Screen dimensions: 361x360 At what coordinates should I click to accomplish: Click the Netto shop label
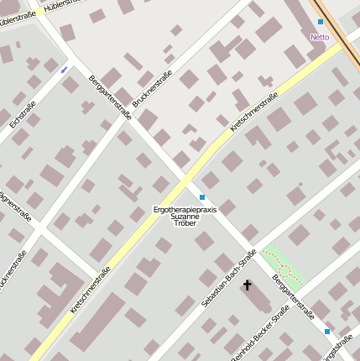click(320, 37)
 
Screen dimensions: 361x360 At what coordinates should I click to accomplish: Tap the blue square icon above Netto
click(321, 22)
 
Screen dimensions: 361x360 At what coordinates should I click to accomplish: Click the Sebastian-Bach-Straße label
click(229, 278)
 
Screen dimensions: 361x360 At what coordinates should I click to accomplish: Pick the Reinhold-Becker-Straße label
click(260, 333)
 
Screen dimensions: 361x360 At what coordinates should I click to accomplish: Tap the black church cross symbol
click(247, 285)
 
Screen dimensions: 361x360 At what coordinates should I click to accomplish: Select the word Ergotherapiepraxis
click(185, 209)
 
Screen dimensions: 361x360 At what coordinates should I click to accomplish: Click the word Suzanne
click(185, 217)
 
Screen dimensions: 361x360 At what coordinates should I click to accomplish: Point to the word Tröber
click(185, 224)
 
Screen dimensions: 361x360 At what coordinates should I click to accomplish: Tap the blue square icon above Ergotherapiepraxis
click(201, 196)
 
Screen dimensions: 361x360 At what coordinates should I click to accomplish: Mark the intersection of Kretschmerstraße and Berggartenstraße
click(188, 178)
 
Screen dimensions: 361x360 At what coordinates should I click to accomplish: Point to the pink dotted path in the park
click(285, 270)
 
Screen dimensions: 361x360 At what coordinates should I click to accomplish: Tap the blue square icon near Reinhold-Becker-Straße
click(327, 332)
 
